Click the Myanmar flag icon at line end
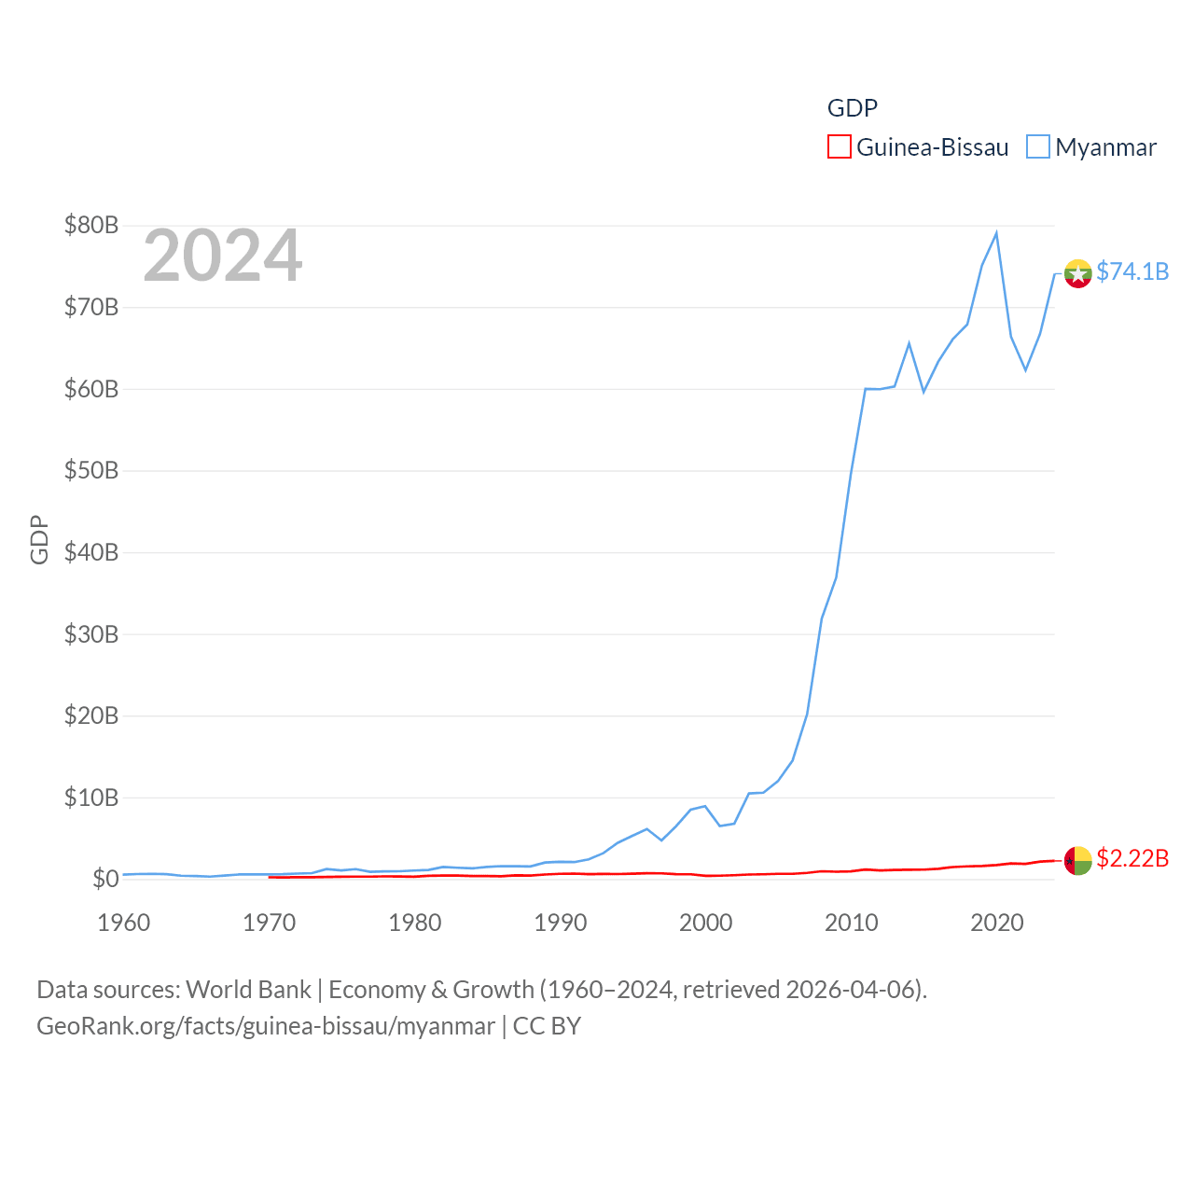coord(1077,273)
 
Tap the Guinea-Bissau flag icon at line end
coord(1077,860)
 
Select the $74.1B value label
coord(1132,271)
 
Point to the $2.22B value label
coord(1132,858)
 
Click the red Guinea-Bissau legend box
coord(839,147)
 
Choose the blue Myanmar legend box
coord(1037,147)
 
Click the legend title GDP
coord(852,108)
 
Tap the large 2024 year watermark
coord(222,256)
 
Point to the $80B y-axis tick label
coord(90,225)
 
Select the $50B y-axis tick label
coord(90,470)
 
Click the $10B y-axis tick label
coord(90,798)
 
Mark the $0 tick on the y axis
coord(104,879)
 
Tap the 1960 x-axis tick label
coord(124,923)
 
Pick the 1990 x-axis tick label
coord(561,923)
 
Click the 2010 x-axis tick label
coord(852,923)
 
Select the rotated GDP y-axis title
coord(39,539)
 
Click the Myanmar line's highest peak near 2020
coord(996,233)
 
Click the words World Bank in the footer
coord(248,990)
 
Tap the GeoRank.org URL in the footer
coord(266,1026)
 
